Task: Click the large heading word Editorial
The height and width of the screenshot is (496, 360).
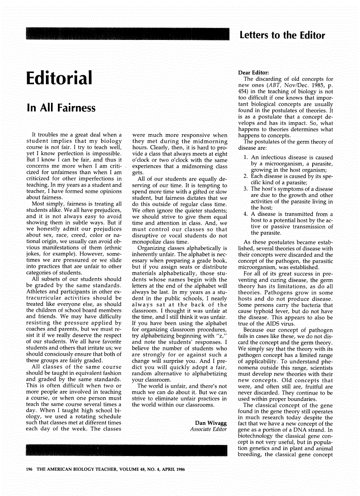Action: coord(59,78)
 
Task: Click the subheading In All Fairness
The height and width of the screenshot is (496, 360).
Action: coord(61,108)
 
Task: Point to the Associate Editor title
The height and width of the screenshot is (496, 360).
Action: coord(208,429)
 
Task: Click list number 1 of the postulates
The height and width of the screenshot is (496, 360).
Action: coord(246,157)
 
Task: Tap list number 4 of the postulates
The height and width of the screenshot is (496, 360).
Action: coord(246,214)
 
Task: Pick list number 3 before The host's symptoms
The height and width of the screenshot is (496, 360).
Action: coord(246,189)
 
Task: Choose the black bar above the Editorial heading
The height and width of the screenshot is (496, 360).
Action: coord(128,34)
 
